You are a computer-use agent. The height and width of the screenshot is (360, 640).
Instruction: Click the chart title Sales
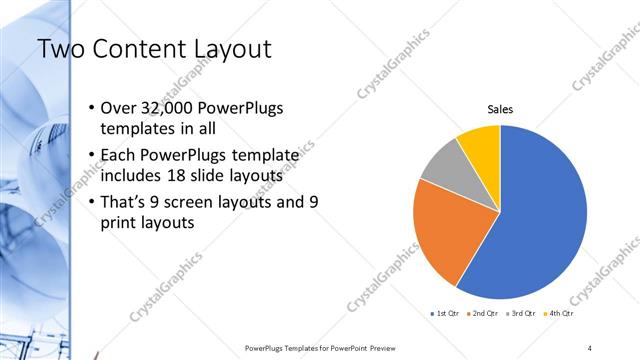tap(500, 110)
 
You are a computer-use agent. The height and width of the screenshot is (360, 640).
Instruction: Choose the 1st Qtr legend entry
tap(445, 314)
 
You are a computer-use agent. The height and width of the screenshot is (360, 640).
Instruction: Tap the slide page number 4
tap(590, 347)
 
